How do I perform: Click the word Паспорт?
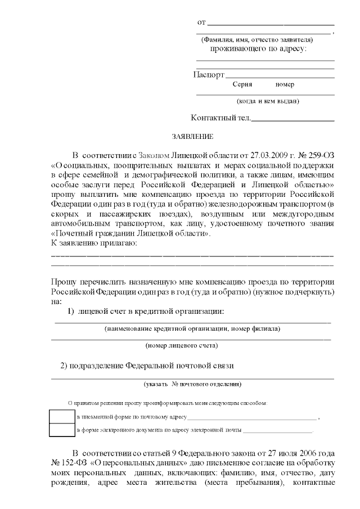[209, 75]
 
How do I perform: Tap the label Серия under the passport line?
[242, 84]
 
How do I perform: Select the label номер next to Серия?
[285, 84]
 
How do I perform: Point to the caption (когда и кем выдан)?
[268, 101]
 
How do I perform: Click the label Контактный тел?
[221, 118]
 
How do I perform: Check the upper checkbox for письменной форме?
[61, 417]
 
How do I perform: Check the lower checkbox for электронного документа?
[61, 430]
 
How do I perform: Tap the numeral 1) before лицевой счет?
[71, 312]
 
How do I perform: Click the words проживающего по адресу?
[258, 49]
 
